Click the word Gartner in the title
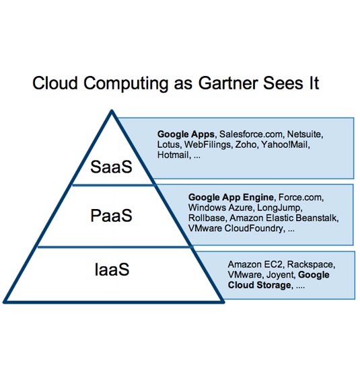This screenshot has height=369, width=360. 228,83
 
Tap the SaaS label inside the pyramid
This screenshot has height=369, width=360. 111,167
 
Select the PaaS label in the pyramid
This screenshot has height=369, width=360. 111,216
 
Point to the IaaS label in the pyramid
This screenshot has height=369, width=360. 112,270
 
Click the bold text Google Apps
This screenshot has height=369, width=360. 186,134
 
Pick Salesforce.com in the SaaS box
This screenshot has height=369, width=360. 251,134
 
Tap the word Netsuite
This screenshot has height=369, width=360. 304,134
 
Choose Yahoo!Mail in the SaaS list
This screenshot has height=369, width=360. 284,145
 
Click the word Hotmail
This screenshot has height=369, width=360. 173,155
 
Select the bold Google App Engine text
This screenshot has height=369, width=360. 231,197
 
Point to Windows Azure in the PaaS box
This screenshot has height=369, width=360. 220,208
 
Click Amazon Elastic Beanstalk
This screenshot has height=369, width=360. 283,218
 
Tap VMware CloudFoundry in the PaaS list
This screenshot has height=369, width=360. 236,229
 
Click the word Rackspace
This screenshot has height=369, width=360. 310,265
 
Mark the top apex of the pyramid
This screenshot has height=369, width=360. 112,110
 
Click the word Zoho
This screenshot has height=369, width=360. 246,145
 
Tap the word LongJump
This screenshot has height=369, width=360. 279,208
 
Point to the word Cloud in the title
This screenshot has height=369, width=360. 55,83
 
